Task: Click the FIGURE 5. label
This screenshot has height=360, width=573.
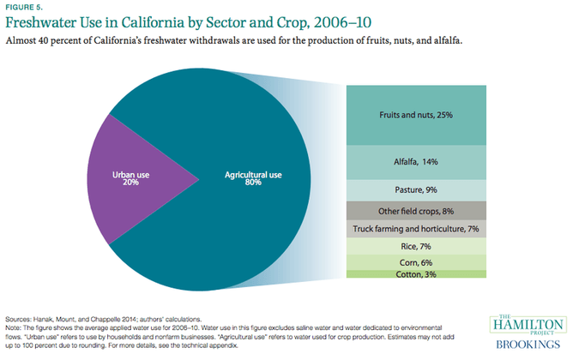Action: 22,8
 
